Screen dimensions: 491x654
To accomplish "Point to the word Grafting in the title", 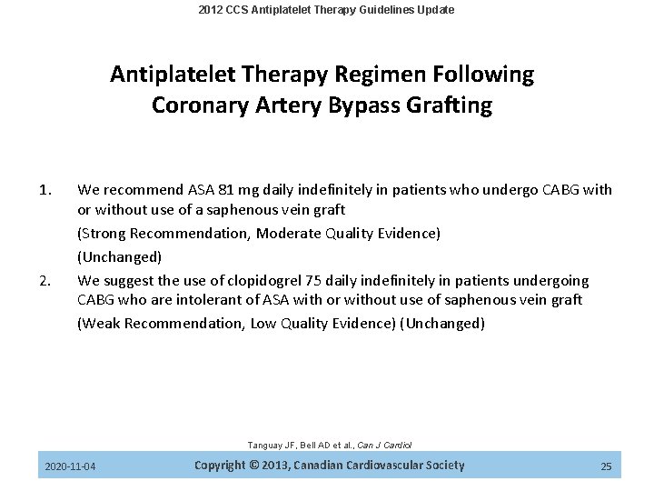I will pyautogui.click(x=451, y=106).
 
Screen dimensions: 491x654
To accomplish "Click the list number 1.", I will pyautogui.click(x=48, y=190).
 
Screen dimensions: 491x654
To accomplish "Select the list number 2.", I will pyautogui.click(x=48, y=281).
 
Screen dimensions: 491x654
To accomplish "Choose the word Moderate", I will pyautogui.click(x=288, y=235).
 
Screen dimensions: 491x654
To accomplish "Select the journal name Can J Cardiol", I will pyautogui.click(x=385, y=445).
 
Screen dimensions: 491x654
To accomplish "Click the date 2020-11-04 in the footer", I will pyautogui.click(x=72, y=467).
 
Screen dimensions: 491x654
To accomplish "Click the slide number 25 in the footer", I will pyautogui.click(x=606, y=467).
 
